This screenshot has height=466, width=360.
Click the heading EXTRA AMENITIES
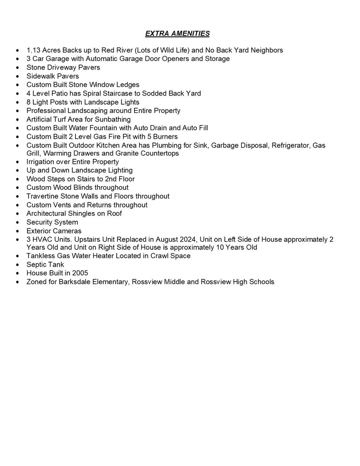tap(177, 33)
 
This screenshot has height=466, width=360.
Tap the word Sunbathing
tap(113, 119)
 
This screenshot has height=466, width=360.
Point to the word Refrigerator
tap(289, 145)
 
